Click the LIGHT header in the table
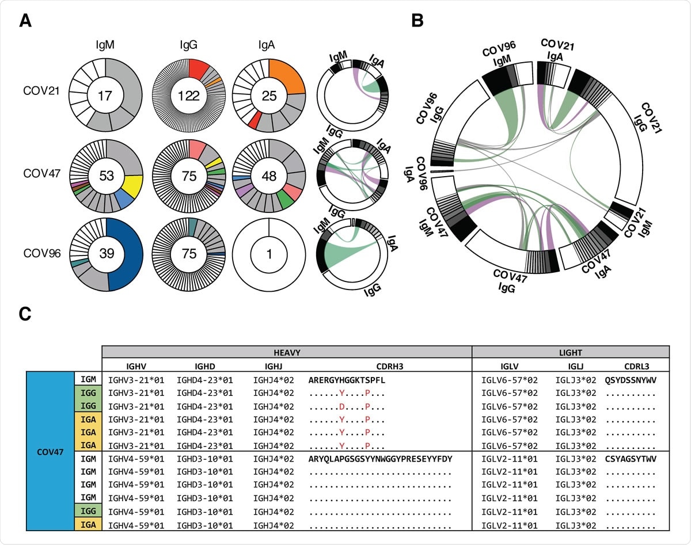click(570, 352)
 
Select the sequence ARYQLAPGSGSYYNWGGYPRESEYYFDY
click(381, 459)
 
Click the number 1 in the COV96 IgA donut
click(269, 253)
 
